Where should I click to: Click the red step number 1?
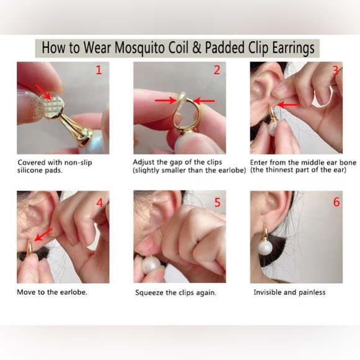coord(98,70)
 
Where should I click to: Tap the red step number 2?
coord(217,70)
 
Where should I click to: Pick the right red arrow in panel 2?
coord(204,99)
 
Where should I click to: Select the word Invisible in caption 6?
coord(267,292)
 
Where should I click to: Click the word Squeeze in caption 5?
coord(150,292)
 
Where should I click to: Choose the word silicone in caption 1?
coord(32,170)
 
